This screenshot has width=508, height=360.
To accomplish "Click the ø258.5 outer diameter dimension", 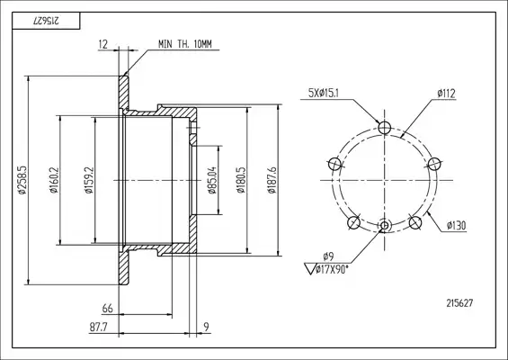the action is tap(22, 180).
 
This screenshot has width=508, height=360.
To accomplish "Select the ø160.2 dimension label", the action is tap(54, 180).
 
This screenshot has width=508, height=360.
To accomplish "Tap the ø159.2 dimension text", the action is tap(89, 180).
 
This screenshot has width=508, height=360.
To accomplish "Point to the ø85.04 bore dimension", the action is tap(211, 180).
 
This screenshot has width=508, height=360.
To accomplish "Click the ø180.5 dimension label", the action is tap(241, 180).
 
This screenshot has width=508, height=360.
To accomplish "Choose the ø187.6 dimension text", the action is tap(272, 180).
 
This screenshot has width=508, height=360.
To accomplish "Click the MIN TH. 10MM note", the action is tap(185, 44).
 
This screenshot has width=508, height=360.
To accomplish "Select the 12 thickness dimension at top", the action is tap(103, 44).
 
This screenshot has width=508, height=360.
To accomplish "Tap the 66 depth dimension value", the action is tap(108, 308).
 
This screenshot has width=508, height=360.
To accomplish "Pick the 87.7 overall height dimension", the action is tap(99, 328).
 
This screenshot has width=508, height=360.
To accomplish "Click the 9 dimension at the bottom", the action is tap(207, 327).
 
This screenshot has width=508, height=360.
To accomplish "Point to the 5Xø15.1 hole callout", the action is tap(324, 94).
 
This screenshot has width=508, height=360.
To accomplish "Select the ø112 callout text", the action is tap(447, 94).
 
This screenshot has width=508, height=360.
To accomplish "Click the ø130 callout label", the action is tap(456, 225).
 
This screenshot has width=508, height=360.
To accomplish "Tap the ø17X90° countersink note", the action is tap(332, 269).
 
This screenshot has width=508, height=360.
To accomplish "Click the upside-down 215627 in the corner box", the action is tap(46, 21).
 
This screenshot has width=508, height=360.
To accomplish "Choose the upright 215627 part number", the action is tap(459, 303).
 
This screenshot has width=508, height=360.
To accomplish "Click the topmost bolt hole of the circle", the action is tap(385, 128).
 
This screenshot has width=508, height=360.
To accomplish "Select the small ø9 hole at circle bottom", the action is tap(385, 225).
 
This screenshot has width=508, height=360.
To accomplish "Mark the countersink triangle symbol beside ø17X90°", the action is tap(310, 269).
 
